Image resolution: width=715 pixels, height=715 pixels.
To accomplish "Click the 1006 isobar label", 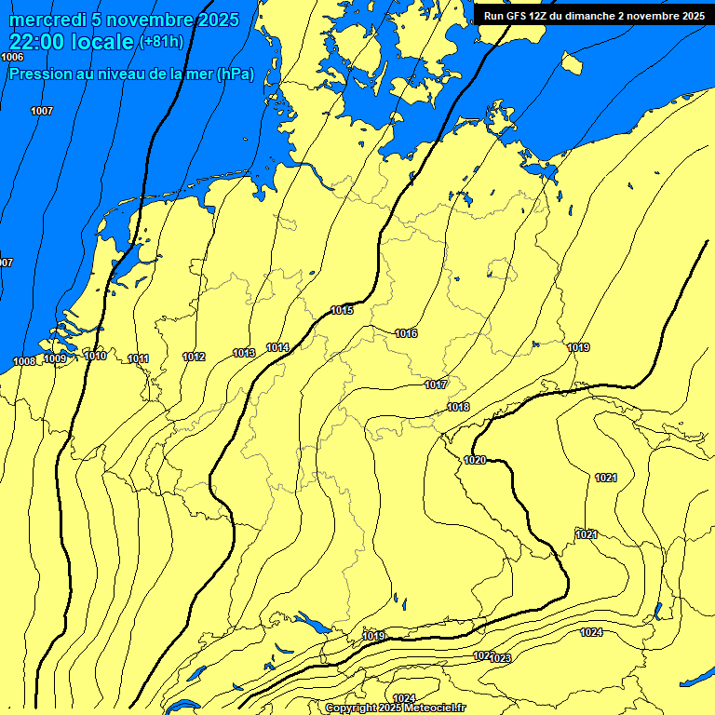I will point(12,58).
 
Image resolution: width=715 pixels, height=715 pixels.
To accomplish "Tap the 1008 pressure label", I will point(24,361).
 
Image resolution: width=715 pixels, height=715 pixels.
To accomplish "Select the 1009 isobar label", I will point(55,358).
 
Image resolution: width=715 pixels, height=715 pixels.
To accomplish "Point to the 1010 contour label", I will point(95,356).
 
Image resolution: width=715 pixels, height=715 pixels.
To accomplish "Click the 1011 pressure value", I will point(139,358).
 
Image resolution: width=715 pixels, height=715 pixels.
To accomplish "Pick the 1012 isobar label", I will point(194,357).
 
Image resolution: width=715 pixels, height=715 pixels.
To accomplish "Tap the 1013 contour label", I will point(244,353).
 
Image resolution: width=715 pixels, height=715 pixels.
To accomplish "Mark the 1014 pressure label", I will point(277,347).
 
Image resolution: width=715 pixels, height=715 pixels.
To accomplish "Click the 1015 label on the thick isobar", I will point(342,310).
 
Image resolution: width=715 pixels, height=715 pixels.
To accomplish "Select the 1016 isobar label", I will point(406,333).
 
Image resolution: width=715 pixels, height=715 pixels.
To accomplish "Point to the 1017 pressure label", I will point(436,384).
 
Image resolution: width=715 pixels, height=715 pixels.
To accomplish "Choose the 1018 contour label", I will point(458,407).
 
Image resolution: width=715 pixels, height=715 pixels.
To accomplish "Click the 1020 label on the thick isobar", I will point(475,460).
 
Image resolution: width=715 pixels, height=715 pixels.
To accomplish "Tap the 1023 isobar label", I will point(501,658).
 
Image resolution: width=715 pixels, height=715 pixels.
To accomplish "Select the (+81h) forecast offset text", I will point(161,42).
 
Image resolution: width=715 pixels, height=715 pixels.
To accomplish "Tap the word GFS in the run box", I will point(519,16).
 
